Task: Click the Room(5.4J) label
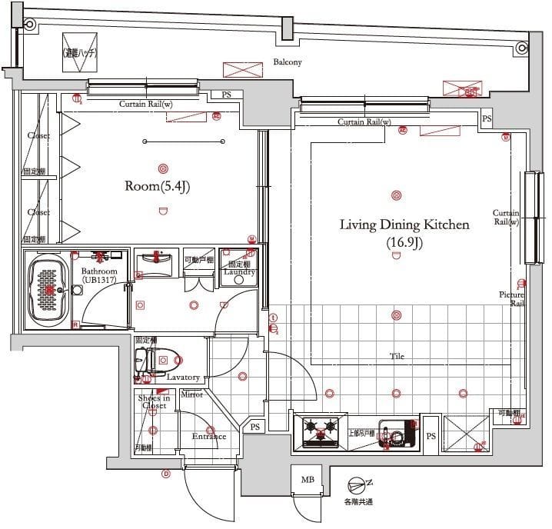tap(158, 186)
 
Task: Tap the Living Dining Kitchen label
tap(404, 225)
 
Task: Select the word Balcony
tap(288, 62)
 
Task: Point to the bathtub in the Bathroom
tap(49, 289)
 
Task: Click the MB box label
tap(308, 480)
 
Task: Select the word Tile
tap(397, 357)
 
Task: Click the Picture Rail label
tap(511, 299)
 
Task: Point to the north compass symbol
tap(358, 485)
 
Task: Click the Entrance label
tap(208, 437)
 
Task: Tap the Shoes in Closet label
tap(154, 401)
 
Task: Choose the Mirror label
tap(191, 394)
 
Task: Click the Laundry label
tap(239, 271)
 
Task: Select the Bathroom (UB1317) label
tap(99, 276)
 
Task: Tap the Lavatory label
tap(183, 378)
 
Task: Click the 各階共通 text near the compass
tap(358, 502)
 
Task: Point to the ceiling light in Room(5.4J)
tap(162, 168)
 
